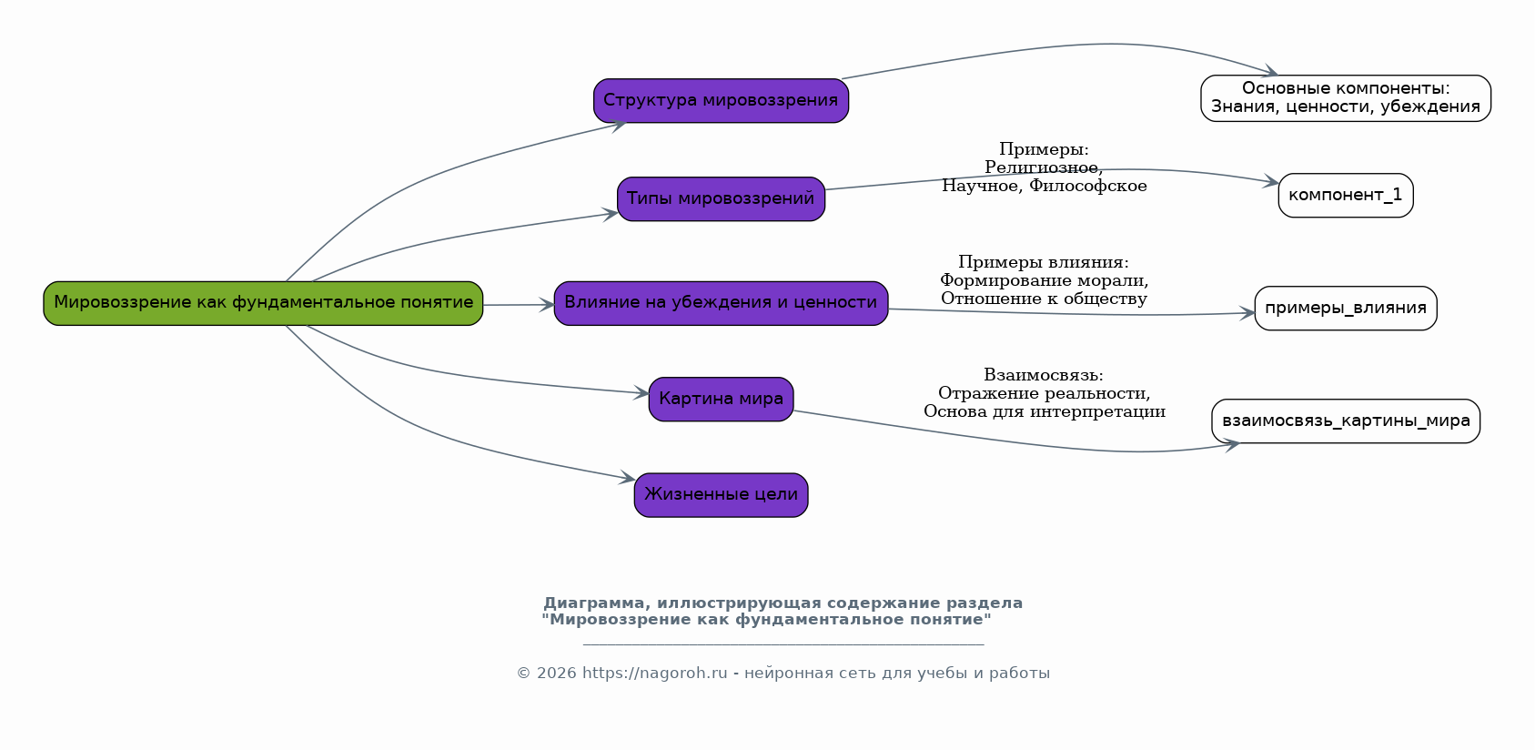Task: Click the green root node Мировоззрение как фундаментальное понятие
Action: pyautogui.click(x=263, y=303)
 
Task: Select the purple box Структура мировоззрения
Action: pyautogui.click(x=721, y=100)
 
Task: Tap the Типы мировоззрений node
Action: pyautogui.click(x=721, y=198)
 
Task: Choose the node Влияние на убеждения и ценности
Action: pyautogui.click(x=721, y=303)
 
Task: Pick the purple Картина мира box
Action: pyautogui.click(x=721, y=399)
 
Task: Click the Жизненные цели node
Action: pyautogui.click(x=721, y=494)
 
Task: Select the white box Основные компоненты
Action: pyautogui.click(x=1345, y=98)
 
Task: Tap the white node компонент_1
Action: pyautogui.click(x=1345, y=195)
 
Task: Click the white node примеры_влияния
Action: pyautogui.click(x=1345, y=308)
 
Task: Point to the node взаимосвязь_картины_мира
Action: pyautogui.click(x=1345, y=421)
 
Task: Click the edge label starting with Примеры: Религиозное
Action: pyautogui.click(x=1044, y=167)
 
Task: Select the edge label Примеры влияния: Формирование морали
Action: pyautogui.click(x=1044, y=280)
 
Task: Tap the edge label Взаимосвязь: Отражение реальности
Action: pyautogui.click(x=1044, y=393)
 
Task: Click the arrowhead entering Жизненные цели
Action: pyautogui.click(x=628, y=478)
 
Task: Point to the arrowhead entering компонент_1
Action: pyautogui.click(x=1271, y=182)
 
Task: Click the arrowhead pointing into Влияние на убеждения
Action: pyautogui.click(x=547, y=304)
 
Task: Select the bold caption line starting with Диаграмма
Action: pyautogui.click(x=783, y=603)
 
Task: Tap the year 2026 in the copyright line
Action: pyautogui.click(x=556, y=674)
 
